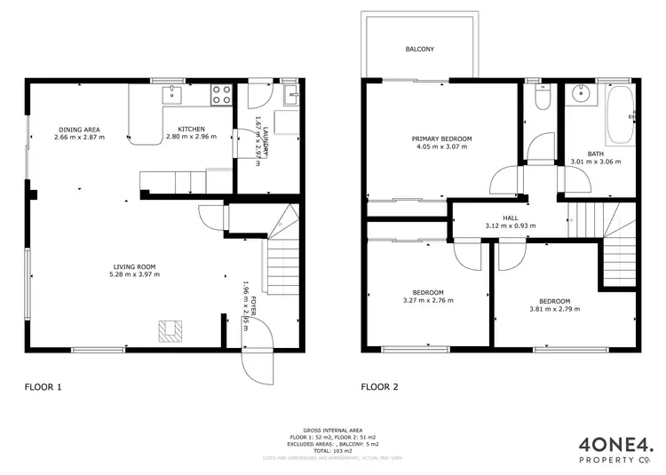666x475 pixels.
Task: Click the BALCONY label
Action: (x=419, y=50)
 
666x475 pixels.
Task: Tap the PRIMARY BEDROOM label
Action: (x=441, y=139)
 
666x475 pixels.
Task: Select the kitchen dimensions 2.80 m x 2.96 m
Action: (x=191, y=138)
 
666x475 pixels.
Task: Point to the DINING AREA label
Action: (x=79, y=129)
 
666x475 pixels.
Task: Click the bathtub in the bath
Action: (x=621, y=117)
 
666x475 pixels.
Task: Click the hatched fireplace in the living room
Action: (x=170, y=331)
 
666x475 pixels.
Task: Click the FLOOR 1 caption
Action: (x=42, y=387)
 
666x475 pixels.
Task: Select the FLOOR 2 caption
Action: (x=380, y=387)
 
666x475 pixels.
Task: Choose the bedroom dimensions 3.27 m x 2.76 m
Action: (x=427, y=301)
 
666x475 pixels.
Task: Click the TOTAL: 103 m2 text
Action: (x=332, y=452)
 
